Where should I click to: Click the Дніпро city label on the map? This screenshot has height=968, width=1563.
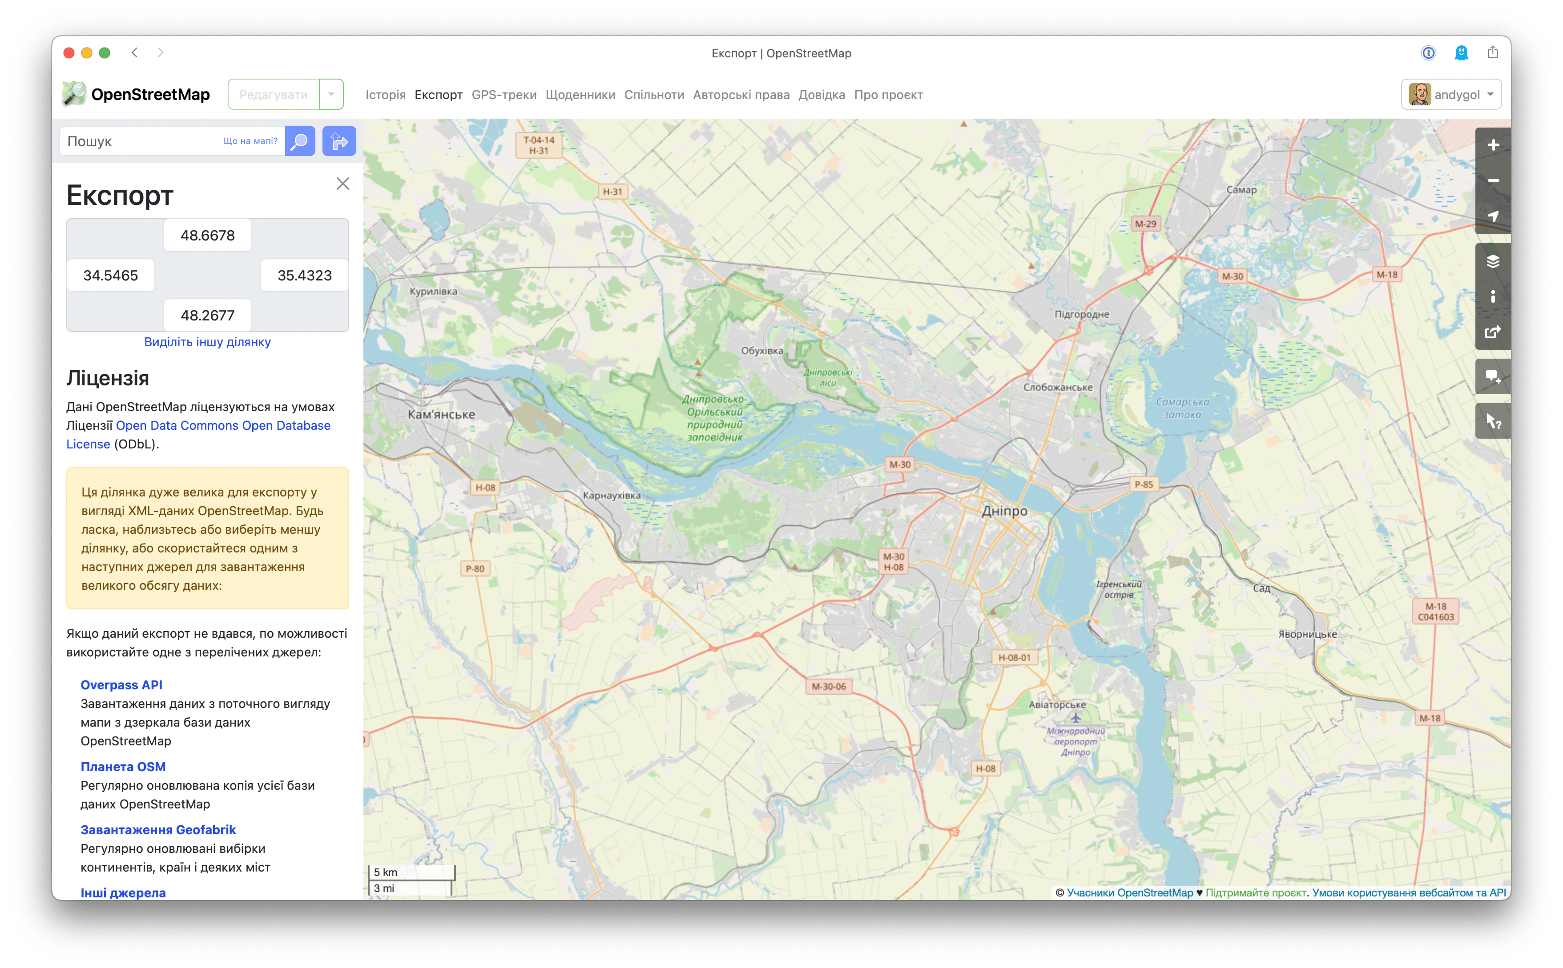(x=1004, y=511)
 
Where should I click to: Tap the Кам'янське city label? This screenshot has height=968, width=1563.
(x=441, y=414)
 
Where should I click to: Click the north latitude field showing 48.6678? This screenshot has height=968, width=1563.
(x=208, y=236)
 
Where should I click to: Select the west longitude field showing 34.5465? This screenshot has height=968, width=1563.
(x=111, y=275)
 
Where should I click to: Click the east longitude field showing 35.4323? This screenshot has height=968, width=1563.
(x=304, y=275)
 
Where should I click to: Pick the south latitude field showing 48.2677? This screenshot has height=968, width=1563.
(x=208, y=315)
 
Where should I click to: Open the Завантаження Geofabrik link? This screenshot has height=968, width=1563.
(x=158, y=830)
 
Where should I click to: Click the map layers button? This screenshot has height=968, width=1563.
(x=1493, y=261)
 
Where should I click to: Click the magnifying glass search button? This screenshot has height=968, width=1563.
(x=300, y=141)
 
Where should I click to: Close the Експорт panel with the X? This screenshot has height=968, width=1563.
(x=342, y=184)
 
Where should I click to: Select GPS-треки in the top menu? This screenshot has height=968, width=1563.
(x=504, y=95)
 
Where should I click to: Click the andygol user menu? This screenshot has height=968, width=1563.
(x=1451, y=95)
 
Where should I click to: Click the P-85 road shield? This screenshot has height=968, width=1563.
(x=1144, y=484)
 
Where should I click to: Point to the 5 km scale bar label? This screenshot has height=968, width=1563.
(x=386, y=872)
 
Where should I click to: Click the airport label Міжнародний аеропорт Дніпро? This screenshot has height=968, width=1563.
(x=1076, y=741)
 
